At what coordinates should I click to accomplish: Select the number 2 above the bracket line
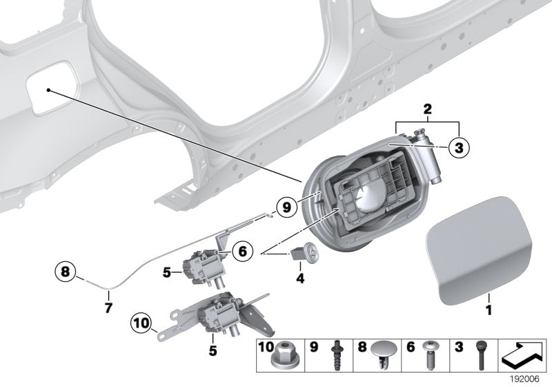[x=427, y=109]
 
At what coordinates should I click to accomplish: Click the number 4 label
[x=299, y=279]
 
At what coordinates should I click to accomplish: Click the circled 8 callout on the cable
[x=66, y=272]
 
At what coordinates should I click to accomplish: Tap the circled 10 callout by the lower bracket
[x=141, y=323]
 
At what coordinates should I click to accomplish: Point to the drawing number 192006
[x=531, y=379]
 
